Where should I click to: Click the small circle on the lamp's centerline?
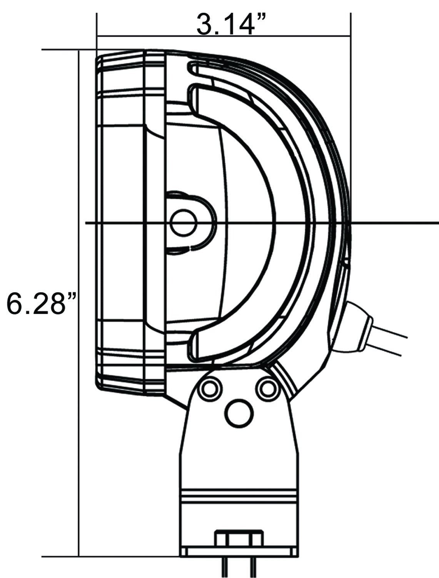(x=184, y=223)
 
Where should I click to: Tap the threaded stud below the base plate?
(x=236, y=566)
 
